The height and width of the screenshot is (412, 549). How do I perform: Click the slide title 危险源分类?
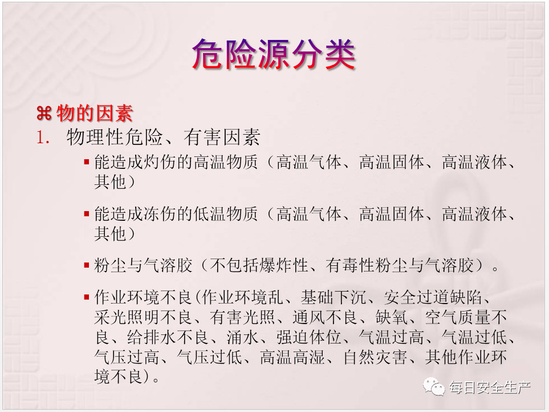tap(274, 54)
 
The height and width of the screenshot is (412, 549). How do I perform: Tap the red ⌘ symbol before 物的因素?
tap(44, 114)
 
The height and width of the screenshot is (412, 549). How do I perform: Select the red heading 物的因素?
tap(95, 114)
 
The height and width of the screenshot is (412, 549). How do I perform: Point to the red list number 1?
tap(43, 138)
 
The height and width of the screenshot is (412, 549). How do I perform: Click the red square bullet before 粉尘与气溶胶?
tap(87, 265)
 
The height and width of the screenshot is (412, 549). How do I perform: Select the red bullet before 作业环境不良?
tap(87, 297)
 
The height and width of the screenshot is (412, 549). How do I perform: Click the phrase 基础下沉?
tap(333, 297)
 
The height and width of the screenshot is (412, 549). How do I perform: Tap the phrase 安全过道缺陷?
tap(432, 297)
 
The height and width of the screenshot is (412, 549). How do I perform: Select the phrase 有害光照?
tap(242, 317)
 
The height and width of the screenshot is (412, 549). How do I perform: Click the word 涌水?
tap(242, 337)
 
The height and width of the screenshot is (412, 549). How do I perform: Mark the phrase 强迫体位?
tap(308, 337)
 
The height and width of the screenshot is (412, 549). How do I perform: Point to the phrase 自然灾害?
tap(375, 357)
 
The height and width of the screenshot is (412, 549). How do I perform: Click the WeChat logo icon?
tap(434, 386)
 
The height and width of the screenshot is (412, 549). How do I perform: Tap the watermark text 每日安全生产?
tap(490, 387)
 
